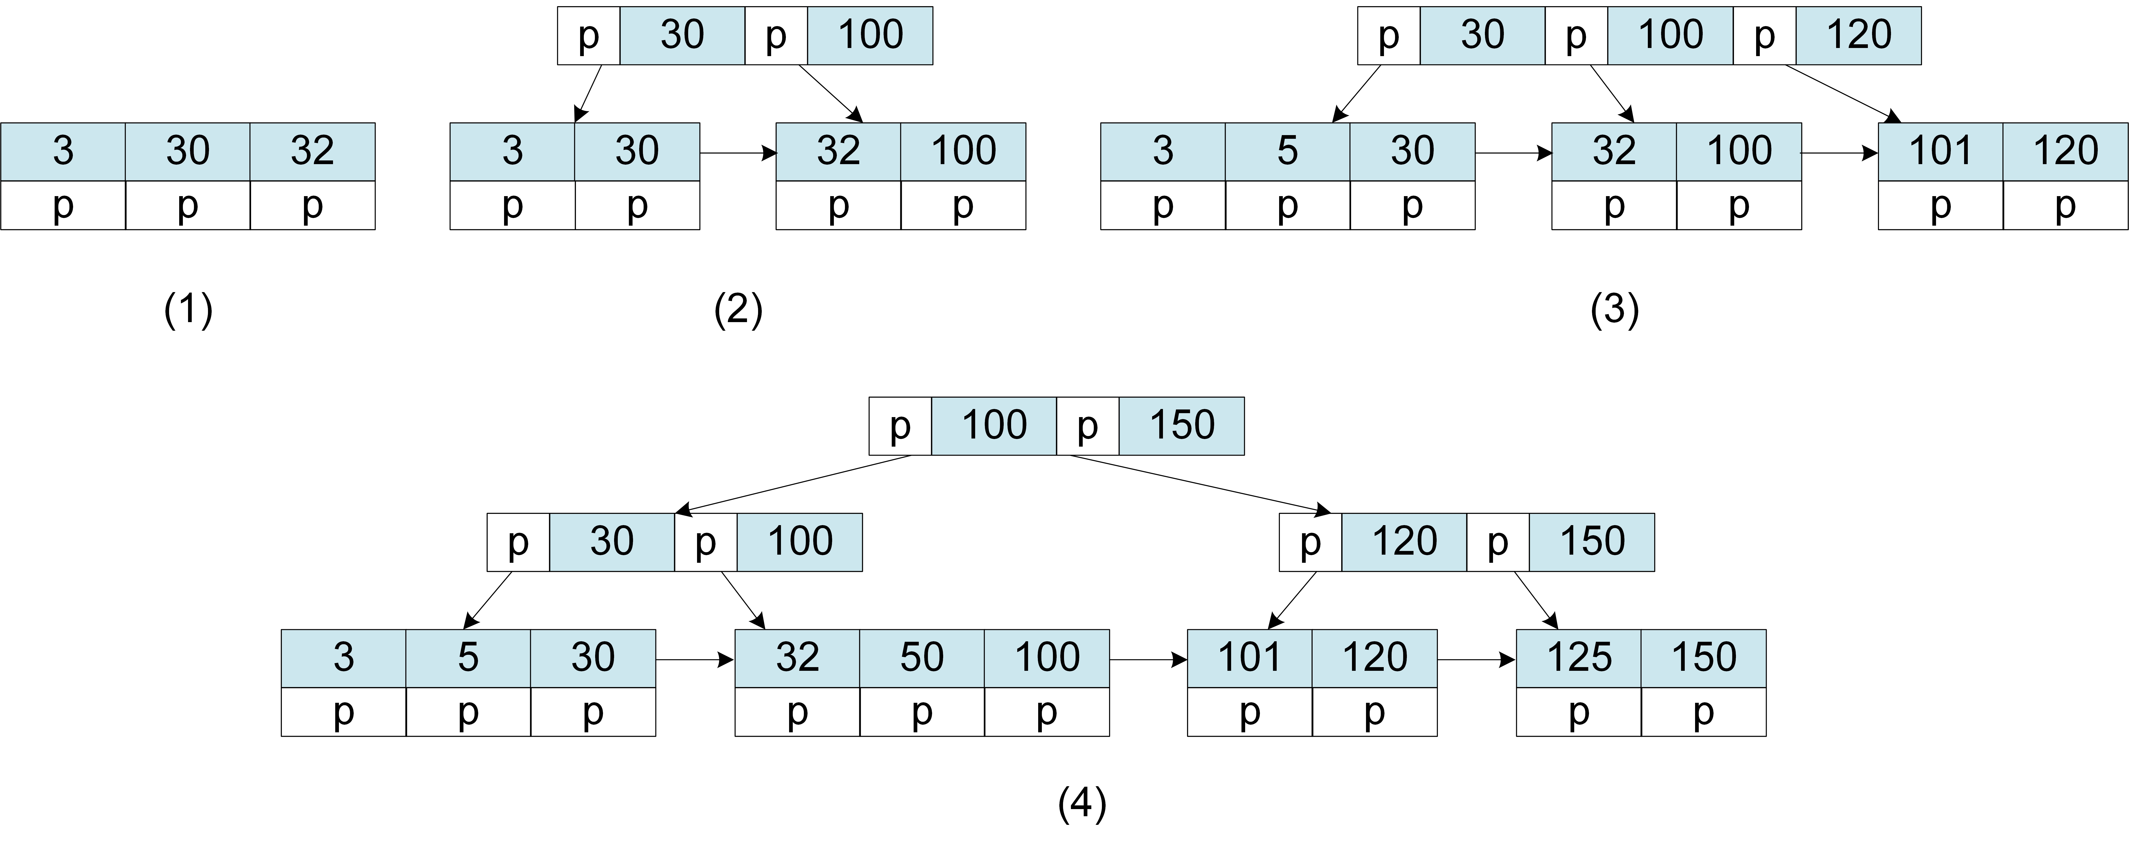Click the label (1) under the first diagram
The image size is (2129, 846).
pyautogui.click(x=189, y=311)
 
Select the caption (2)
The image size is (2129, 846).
pyautogui.click(x=738, y=311)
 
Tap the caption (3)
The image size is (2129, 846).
pyautogui.click(x=1614, y=311)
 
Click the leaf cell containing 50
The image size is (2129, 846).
pyautogui.click(x=922, y=658)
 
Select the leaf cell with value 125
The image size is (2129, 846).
pyautogui.click(x=1579, y=658)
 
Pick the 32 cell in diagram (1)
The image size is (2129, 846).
pyautogui.click(x=312, y=151)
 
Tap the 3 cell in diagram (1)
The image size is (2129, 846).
pyautogui.click(x=63, y=151)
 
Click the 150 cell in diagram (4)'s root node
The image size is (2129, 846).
pyautogui.click(x=1182, y=425)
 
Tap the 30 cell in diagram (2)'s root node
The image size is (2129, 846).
pyautogui.click(x=682, y=35)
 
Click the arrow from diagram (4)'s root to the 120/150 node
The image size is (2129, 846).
pyautogui.click(x=1198, y=483)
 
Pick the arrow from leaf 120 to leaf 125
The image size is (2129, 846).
pyautogui.click(x=1476, y=660)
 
